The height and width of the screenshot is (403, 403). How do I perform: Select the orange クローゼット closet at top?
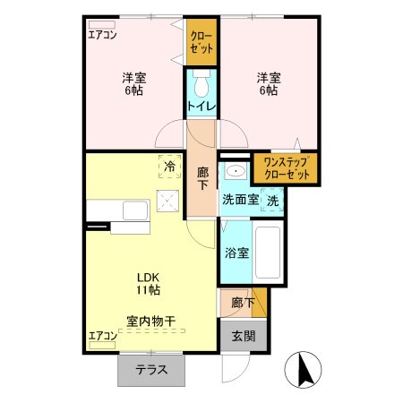point(202,40)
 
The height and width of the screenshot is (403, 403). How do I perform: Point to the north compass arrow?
point(302,370)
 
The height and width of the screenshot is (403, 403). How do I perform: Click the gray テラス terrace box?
point(154,369)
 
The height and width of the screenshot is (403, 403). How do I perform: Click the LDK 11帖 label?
point(149,283)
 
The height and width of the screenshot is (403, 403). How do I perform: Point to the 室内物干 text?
point(150,321)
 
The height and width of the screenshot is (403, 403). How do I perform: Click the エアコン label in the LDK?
point(102,337)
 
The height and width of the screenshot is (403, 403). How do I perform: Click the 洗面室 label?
point(240,199)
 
